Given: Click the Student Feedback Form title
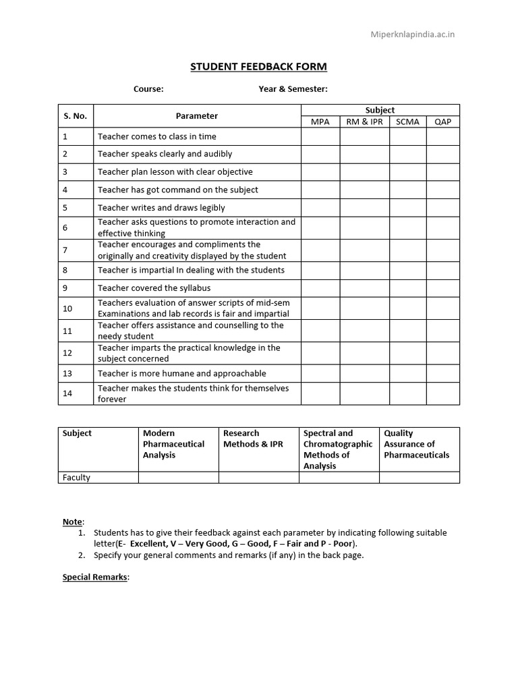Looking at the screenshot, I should [x=258, y=66].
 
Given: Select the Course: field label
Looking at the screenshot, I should [x=148, y=89].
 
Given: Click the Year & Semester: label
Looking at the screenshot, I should [x=293, y=89].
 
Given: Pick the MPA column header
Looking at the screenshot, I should [x=320, y=121].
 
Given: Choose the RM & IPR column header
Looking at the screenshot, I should [x=364, y=121].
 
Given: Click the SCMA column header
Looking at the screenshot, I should [x=407, y=121].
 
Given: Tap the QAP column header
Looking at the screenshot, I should [x=442, y=121].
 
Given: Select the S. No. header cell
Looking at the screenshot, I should [x=75, y=115].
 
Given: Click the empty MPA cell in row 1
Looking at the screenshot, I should [x=320, y=136].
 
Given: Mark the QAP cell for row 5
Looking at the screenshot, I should [x=442, y=208].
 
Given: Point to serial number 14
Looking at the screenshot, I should [x=67, y=393].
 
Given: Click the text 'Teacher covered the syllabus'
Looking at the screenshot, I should [x=154, y=287].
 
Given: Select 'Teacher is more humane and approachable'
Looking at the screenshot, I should [x=182, y=373].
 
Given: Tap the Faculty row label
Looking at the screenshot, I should [x=76, y=478].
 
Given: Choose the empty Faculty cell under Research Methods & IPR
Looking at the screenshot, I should [x=258, y=478].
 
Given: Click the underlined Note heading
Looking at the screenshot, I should [x=72, y=522].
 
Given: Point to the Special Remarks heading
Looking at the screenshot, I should [x=95, y=578].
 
